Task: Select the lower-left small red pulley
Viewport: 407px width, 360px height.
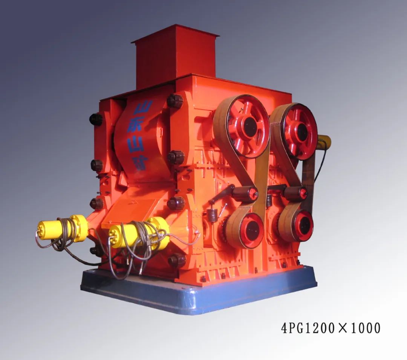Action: coord(249,230)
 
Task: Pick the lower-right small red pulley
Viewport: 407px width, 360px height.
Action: coord(302,226)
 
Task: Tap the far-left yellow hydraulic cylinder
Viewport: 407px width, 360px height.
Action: coord(62,229)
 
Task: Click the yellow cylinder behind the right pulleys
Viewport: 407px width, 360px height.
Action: coord(323,142)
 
